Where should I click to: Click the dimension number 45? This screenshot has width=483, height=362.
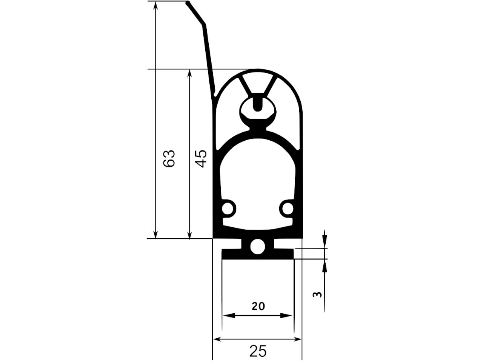pyautogui.click(x=201, y=158)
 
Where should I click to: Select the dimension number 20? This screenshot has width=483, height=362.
pyautogui.click(x=258, y=307)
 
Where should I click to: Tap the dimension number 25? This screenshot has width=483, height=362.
pyautogui.click(x=258, y=351)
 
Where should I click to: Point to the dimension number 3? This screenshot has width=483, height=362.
pyautogui.click(x=317, y=294)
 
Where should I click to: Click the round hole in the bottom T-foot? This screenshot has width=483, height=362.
pyautogui.click(x=257, y=247)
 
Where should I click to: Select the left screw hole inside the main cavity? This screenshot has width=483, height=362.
pyautogui.click(x=227, y=208)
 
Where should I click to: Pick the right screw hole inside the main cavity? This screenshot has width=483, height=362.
pyautogui.click(x=288, y=208)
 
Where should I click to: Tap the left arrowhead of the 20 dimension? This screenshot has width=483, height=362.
pyautogui.click(x=229, y=316)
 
